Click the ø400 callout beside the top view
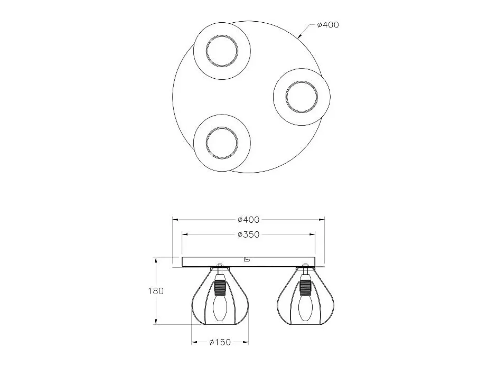pyautogui.click(x=328, y=25)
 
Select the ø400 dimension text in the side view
pyautogui.click(x=248, y=220)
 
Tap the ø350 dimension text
pyautogui.click(x=248, y=235)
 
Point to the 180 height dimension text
pyautogui.click(x=156, y=291)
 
